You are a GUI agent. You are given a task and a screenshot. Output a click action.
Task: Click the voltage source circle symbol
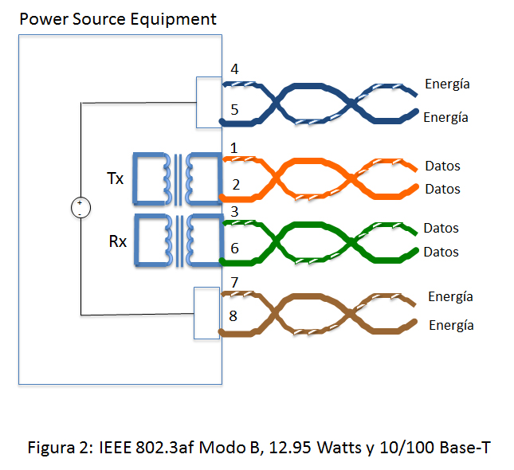click(x=80, y=208)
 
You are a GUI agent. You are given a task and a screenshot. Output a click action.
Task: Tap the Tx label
click(x=116, y=178)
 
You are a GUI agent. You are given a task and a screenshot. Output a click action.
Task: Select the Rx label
click(x=116, y=241)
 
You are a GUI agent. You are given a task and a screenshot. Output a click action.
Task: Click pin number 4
click(x=234, y=69)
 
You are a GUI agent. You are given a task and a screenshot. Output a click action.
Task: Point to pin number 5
click(x=234, y=109)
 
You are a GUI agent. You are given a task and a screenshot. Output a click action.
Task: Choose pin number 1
click(x=233, y=148)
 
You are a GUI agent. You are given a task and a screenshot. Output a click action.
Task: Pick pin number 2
click(x=236, y=185)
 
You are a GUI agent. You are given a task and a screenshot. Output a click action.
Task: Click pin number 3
click(x=234, y=212)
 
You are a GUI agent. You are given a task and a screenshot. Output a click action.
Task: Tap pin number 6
click(x=234, y=249)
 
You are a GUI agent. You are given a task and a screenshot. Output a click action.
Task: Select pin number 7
click(x=234, y=282)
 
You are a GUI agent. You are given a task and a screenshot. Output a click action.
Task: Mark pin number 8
click(x=233, y=316)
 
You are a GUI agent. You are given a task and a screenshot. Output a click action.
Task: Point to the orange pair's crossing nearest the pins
click(x=275, y=176)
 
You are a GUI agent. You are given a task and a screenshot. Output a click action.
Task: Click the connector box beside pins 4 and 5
click(x=208, y=101)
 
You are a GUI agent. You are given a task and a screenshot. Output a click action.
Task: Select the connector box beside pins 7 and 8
click(x=207, y=312)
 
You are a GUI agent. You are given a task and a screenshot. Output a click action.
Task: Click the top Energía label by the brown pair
click(x=450, y=296)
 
